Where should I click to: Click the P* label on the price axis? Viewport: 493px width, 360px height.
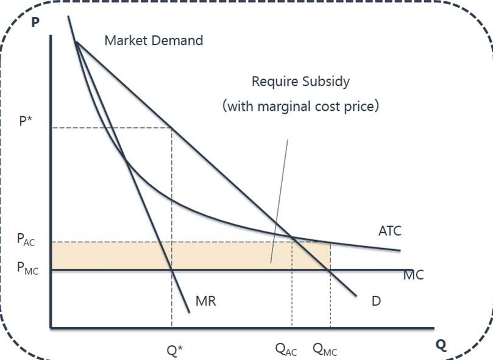(x=26, y=120)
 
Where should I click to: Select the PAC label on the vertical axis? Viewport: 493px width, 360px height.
(x=26, y=239)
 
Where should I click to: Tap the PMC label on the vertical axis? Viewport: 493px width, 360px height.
(x=27, y=269)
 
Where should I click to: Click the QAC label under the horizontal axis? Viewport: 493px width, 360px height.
(x=286, y=349)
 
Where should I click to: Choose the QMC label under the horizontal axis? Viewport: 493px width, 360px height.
(x=325, y=349)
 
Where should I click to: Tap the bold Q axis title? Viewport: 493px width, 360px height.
(x=441, y=345)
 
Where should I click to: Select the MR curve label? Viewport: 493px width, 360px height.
(x=206, y=300)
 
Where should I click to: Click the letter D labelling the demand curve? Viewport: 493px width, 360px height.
(x=377, y=300)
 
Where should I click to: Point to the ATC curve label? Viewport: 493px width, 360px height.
(x=390, y=231)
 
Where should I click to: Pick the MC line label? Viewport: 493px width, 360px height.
(x=413, y=275)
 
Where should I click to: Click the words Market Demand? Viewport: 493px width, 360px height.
(x=154, y=41)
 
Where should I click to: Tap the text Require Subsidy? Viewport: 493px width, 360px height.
(x=301, y=81)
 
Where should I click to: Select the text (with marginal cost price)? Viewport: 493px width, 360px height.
(x=301, y=106)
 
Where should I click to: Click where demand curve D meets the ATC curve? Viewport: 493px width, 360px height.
(x=293, y=237)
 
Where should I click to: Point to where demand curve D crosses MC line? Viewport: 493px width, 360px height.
(x=330, y=270)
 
